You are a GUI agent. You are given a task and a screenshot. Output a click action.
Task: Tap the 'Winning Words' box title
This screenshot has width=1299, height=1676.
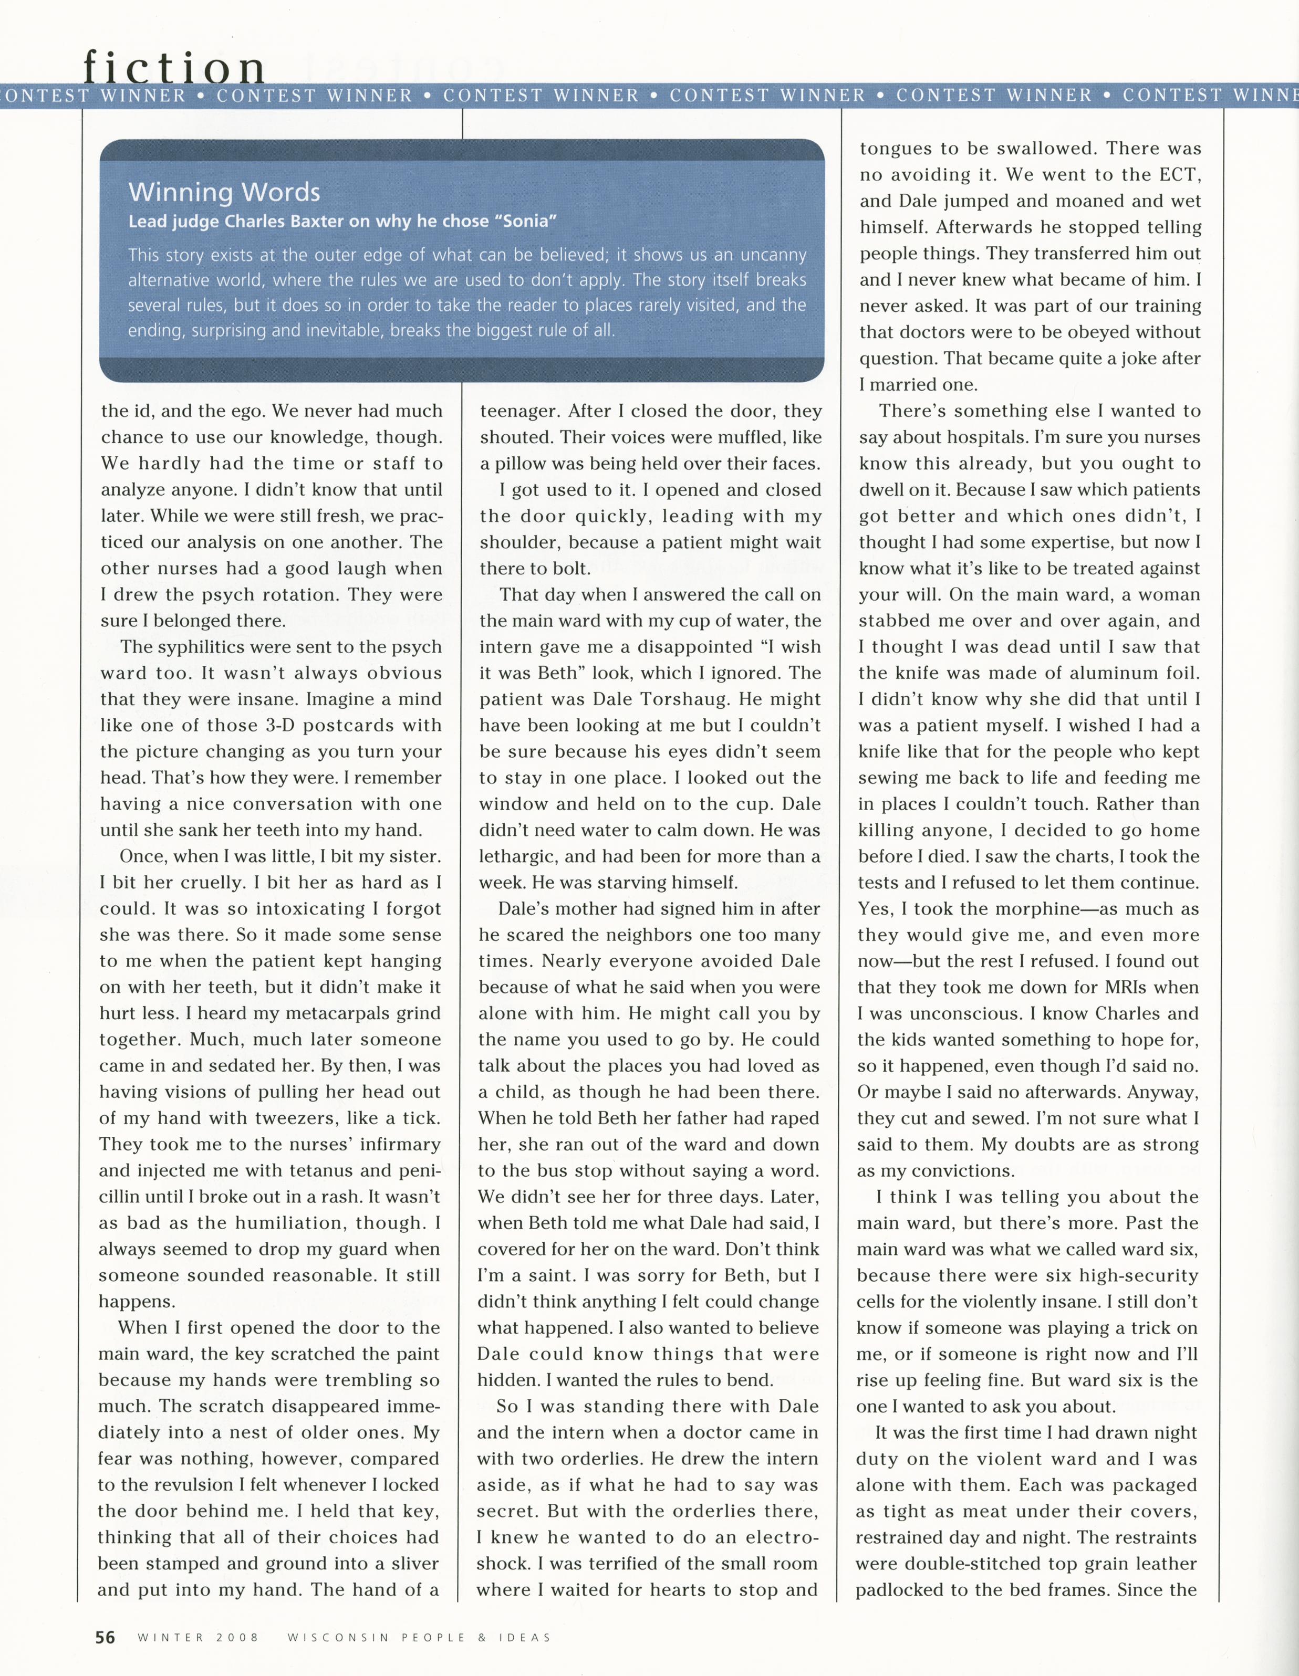pyautogui.click(x=224, y=192)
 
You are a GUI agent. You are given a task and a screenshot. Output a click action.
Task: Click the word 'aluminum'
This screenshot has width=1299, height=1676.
pyautogui.click(x=1096, y=673)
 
